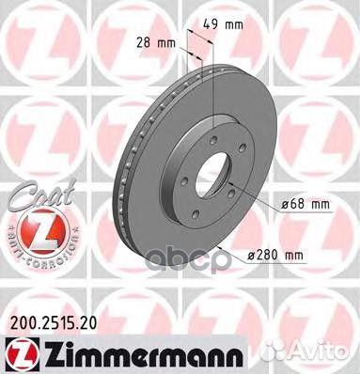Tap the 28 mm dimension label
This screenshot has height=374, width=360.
click(152, 41)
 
